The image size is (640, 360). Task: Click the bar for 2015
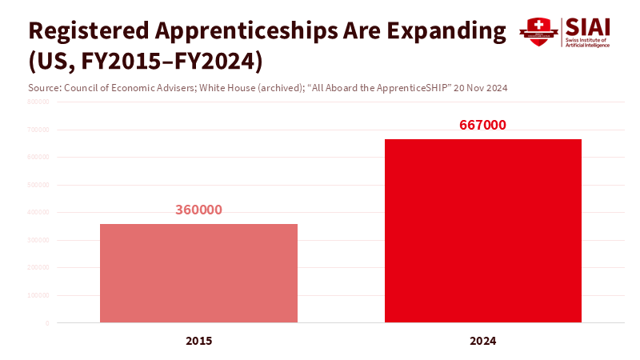point(198,273)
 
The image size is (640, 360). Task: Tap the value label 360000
point(198,210)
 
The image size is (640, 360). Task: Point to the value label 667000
point(483,126)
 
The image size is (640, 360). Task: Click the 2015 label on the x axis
point(198,341)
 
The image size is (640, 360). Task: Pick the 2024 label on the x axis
point(483,341)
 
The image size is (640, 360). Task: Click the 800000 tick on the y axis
point(38,102)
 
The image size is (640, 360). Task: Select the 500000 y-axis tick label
point(38,185)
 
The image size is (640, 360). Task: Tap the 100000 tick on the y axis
point(38,295)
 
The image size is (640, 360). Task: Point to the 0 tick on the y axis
point(47,323)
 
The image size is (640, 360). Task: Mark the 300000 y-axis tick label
point(38,240)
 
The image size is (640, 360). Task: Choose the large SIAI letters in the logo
point(588,26)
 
